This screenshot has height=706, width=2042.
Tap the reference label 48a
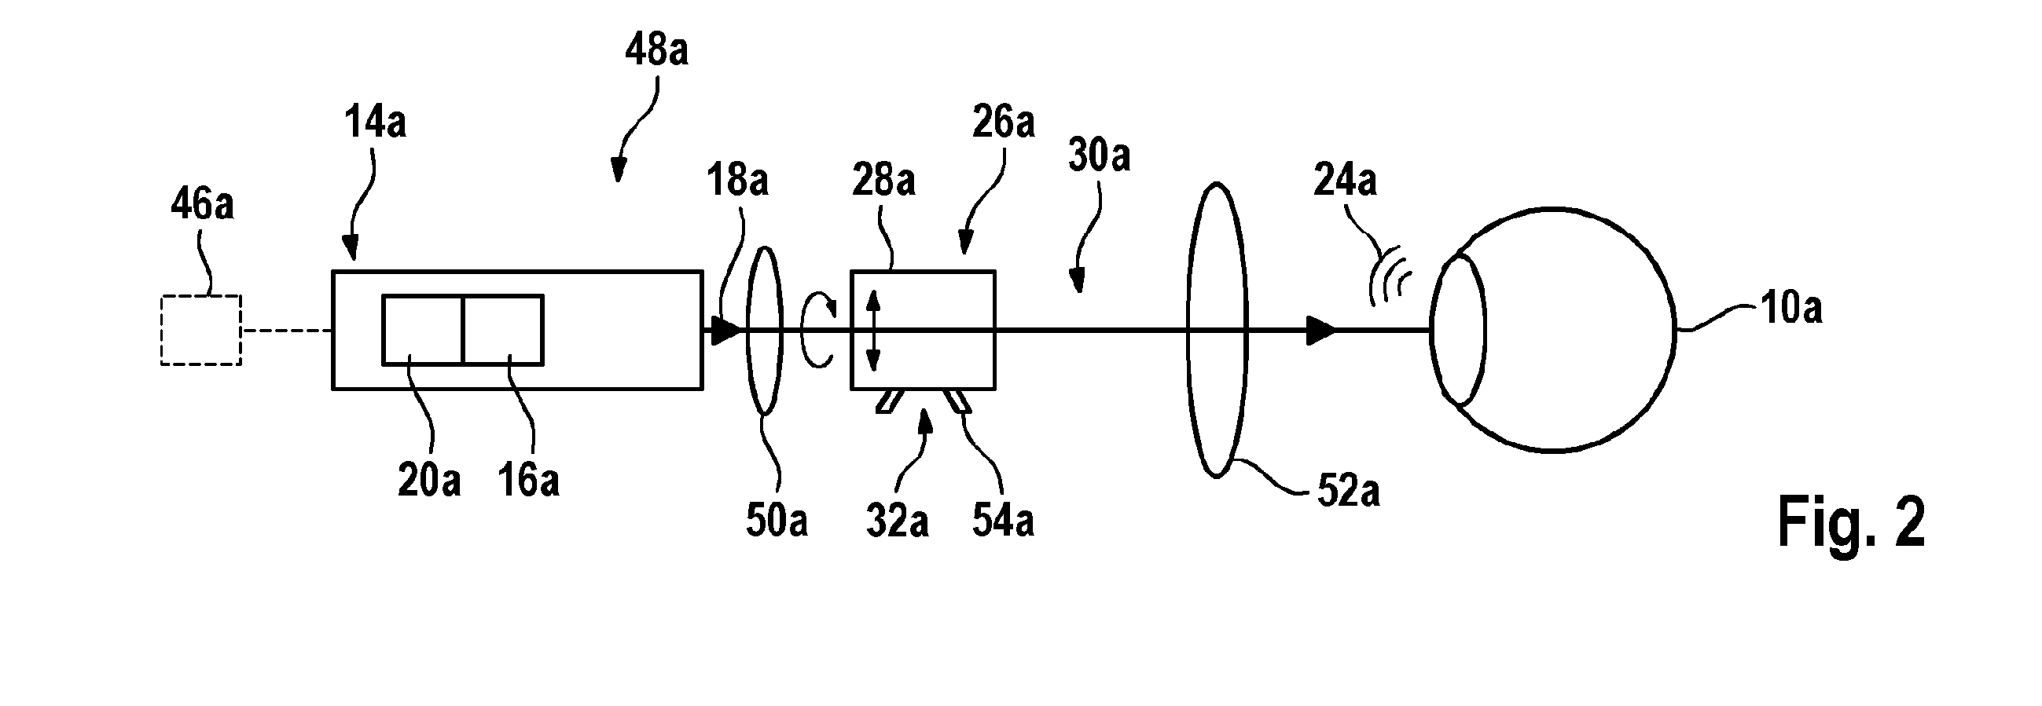click(x=656, y=50)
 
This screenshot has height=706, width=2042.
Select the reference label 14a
click(x=375, y=123)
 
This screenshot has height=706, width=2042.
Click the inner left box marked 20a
click(x=423, y=330)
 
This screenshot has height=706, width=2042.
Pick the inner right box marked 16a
click(x=503, y=330)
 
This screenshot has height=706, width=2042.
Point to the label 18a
click(x=737, y=180)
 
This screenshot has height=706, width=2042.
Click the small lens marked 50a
click(x=765, y=331)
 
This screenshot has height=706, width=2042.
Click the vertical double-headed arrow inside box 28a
click(x=872, y=331)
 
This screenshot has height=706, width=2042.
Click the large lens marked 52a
click(x=1217, y=331)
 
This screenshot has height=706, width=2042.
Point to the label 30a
click(x=1099, y=155)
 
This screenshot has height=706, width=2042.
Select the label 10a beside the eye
click(x=1791, y=307)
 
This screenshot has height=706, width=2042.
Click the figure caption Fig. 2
click(x=1851, y=521)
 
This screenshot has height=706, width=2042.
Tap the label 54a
click(x=1003, y=521)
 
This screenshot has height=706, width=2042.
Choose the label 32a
click(x=897, y=521)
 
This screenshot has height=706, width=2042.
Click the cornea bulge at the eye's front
click(x=1457, y=331)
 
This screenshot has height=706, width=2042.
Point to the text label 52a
click(x=1348, y=491)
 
